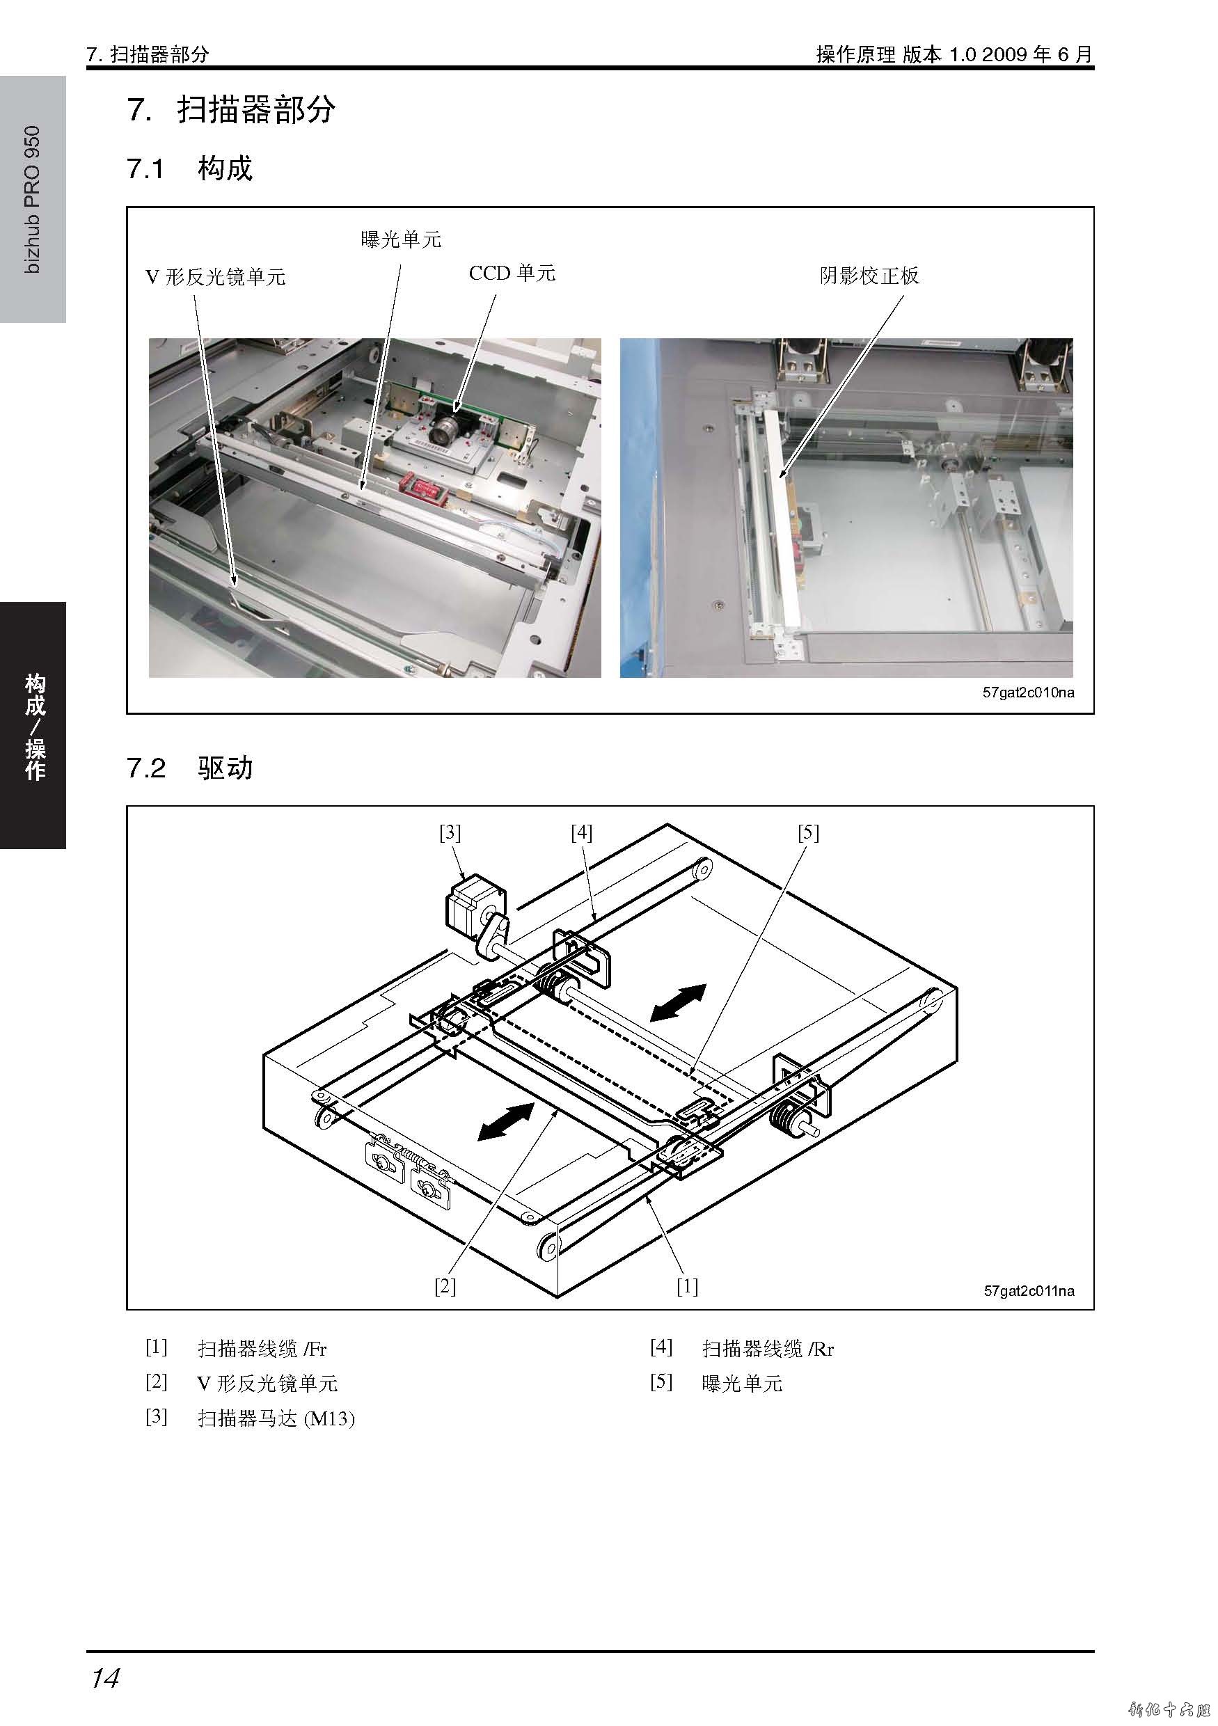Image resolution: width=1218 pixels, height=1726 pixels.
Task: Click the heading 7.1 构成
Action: click(x=189, y=168)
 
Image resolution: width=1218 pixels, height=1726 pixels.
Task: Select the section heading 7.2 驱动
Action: click(x=189, y=768)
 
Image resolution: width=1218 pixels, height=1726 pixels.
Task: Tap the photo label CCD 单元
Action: click(x=512, y=274)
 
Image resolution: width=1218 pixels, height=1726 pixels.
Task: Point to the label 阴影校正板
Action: click(x=869, y=276)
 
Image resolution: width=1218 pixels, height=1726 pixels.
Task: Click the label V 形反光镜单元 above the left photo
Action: click(x=216, y=278)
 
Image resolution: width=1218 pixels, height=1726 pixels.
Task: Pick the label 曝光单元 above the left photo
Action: click(x=401, y=240)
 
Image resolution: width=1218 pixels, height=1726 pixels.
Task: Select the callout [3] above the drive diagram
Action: click(x=450, y=833)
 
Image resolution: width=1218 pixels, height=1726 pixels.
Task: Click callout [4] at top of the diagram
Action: click(x=581, y=833)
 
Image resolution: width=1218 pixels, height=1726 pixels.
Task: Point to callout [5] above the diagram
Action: click(x=808, y=833)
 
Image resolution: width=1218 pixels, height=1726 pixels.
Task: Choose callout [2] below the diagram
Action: click(x=445, y=1286)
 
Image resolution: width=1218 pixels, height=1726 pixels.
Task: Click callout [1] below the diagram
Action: click(x=687, y=1286)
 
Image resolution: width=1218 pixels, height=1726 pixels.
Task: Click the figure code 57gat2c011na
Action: click(x=1029, y=1291)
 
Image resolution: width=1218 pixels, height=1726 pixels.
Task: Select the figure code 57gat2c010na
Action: click(x=1028, y=692)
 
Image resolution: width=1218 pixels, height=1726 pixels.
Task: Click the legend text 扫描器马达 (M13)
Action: click(x=276, y=1418)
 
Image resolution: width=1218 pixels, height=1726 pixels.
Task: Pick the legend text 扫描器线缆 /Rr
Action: click(x=768, y=1349)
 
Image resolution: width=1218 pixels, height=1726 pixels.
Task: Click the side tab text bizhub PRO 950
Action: click(x=33, y=199)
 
